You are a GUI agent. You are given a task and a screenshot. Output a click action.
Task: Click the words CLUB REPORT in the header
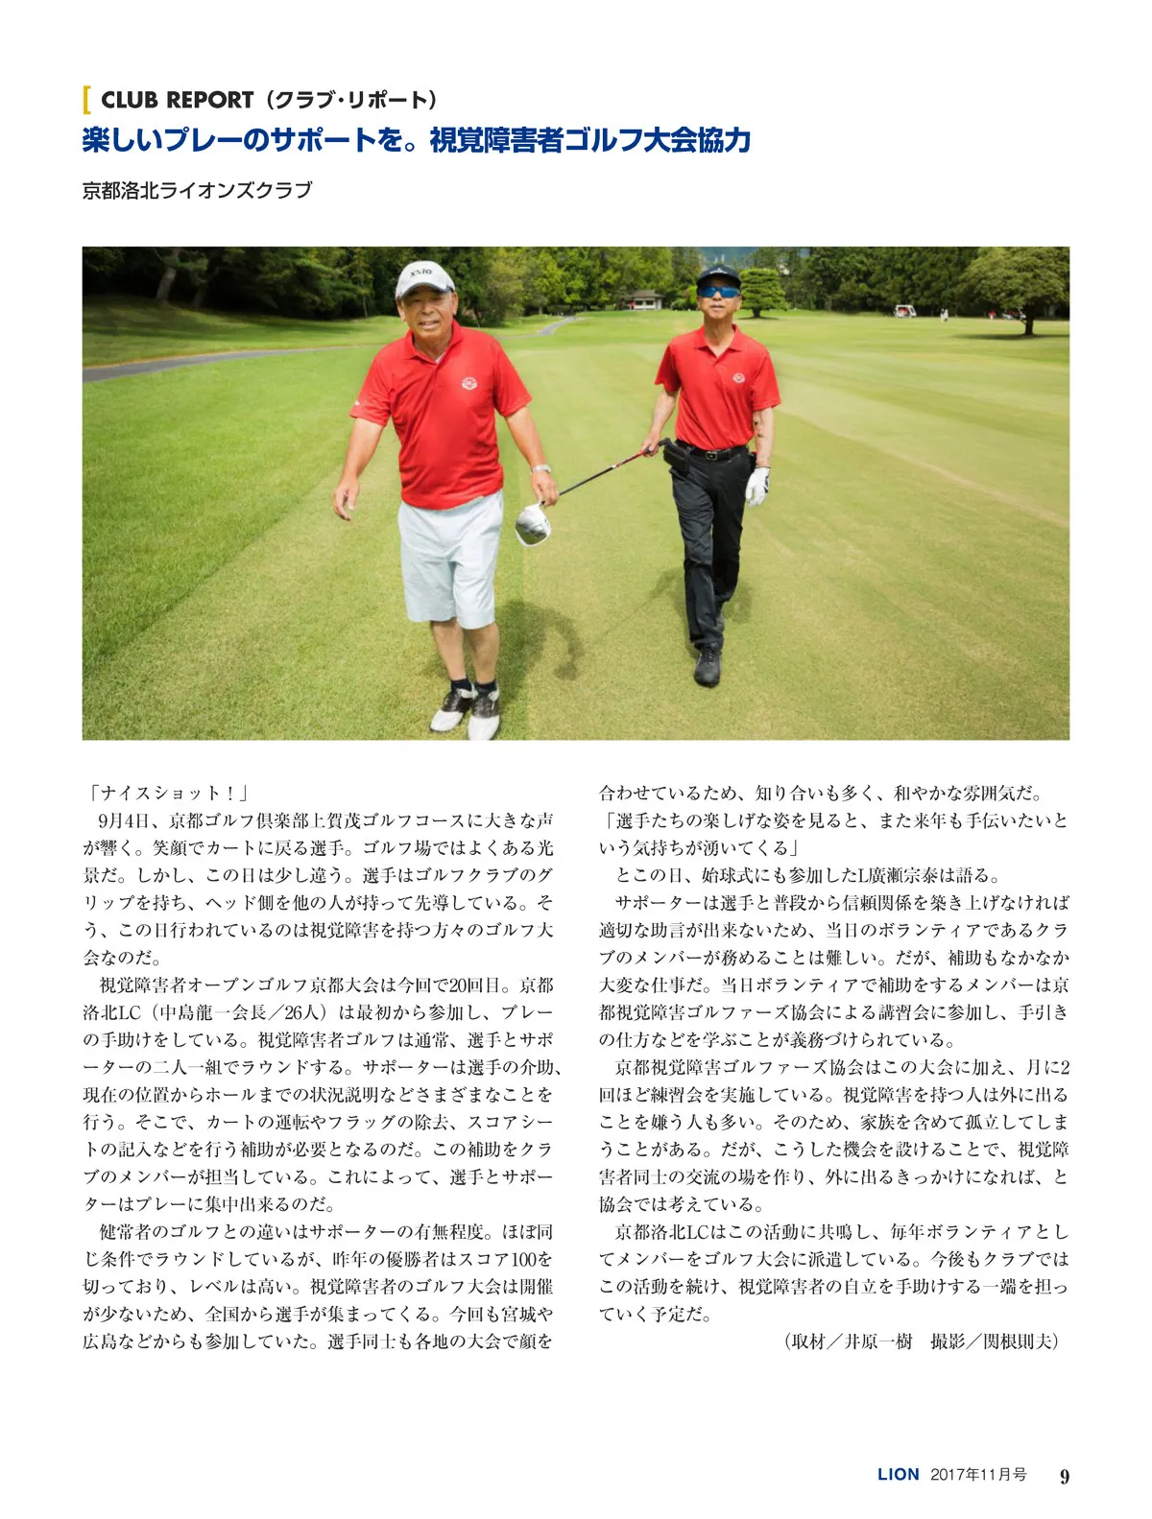177,100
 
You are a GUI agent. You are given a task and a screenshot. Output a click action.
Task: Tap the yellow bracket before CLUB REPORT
87,100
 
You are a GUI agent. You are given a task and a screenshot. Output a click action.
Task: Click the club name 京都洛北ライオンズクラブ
198,190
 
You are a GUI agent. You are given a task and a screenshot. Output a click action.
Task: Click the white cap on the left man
424,277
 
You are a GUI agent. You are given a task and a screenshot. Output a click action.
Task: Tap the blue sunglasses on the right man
718,292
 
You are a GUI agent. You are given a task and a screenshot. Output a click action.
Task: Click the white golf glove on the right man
757,485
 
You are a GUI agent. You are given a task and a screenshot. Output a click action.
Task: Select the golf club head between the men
533,525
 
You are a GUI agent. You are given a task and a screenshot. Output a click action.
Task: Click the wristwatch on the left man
541,469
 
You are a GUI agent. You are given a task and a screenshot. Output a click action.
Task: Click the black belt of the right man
712,452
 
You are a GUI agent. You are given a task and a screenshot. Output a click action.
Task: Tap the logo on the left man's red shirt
469,384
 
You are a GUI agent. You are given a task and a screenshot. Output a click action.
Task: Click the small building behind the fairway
641,298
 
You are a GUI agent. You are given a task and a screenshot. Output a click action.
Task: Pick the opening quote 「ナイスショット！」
168,793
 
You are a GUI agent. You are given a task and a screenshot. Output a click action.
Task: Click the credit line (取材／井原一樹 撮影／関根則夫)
921,1341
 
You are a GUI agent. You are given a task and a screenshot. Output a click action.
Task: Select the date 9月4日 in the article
129,820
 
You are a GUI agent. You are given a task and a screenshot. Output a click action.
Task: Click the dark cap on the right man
718,275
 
